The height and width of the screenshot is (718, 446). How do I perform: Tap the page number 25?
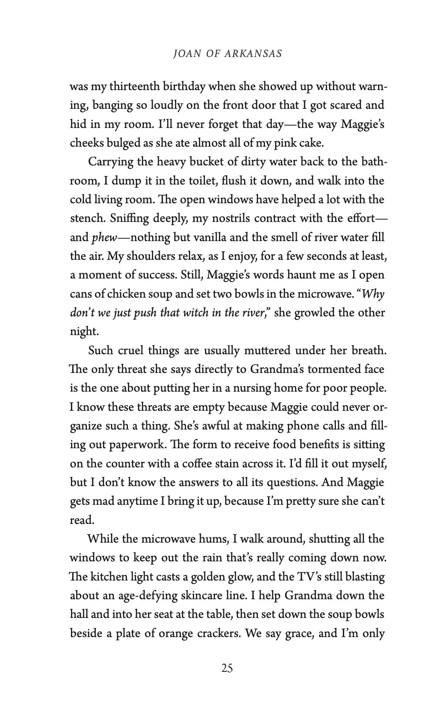227,680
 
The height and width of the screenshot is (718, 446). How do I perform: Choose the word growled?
312,313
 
